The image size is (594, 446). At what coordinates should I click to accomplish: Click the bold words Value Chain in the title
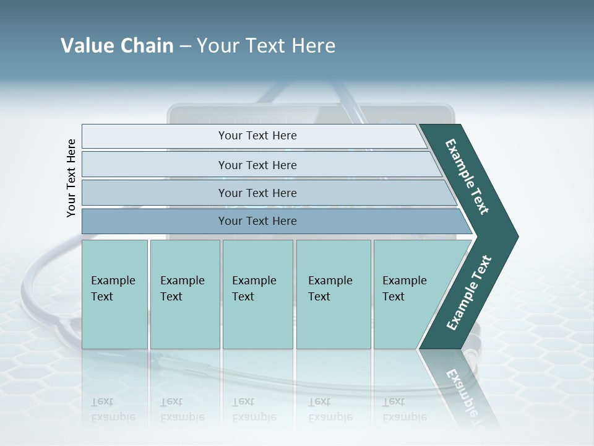(117, 46)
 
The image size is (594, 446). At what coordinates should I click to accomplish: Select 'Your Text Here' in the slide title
(266, 46)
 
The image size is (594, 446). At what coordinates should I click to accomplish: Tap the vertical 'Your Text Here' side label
(71, 178)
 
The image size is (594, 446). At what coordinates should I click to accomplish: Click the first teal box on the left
(114, 294)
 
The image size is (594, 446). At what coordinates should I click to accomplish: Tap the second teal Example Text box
(184, 294)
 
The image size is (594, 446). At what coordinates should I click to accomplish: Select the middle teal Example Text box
(257, 294)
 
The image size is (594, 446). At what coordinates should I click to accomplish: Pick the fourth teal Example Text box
(334, 294)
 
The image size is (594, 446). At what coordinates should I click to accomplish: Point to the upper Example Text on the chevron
(467, 177)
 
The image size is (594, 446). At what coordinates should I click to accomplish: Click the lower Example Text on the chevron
(469, 293)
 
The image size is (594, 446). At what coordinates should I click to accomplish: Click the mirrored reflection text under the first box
(113, 409)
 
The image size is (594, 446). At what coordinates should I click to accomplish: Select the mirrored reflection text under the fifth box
(405, 409)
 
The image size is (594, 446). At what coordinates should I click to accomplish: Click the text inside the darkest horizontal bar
(257, 221)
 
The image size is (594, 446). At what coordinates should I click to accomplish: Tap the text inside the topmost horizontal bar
(257, 136)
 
